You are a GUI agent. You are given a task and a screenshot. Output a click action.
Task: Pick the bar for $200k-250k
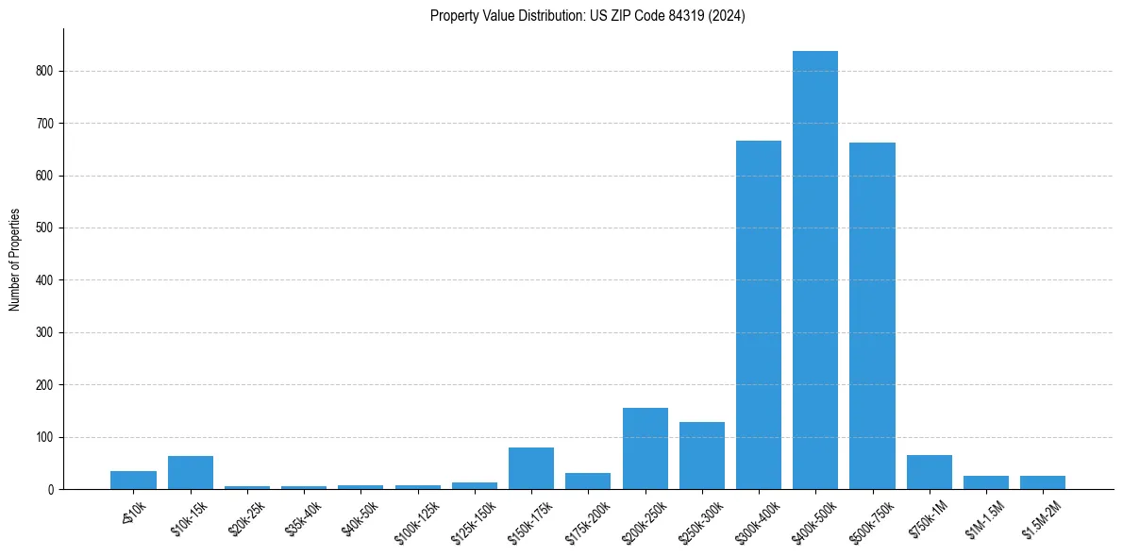click(x=645, y=448)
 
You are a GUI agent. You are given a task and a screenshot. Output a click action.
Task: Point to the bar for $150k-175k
click(x=531, y=468)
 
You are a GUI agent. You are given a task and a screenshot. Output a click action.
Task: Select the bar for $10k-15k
click(x=191, y=472)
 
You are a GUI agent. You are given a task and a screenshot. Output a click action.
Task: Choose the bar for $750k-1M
click(x=930, y=472)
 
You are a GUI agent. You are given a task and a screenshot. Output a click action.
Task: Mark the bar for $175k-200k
click(x=588, y=481)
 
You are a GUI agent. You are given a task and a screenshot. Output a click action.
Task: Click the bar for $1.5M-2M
click(x=1043, y=482)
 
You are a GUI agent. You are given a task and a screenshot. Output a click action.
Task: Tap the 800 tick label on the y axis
click(x=46, y=71)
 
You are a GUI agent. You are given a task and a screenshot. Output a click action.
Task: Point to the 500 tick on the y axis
click(x=46, y=228)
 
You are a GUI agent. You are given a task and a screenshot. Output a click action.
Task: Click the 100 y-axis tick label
click(x=46, y=437)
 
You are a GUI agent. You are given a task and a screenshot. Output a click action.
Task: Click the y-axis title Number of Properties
click(x=15, y=260)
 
